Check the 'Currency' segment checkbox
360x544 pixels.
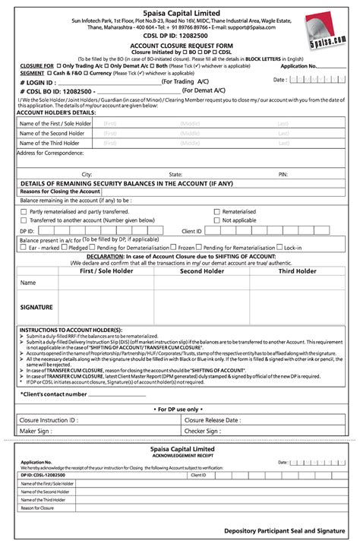coord(97,73)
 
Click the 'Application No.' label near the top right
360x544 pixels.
coord(298,66)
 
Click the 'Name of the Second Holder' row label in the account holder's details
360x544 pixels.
coord(50,133)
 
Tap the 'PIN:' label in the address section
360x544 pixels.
coord(283,174)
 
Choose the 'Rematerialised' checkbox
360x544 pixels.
coord(216,211)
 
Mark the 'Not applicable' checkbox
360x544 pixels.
coord(216,220)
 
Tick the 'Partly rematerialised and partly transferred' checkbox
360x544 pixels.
coord(24,211)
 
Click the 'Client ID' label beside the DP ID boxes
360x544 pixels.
coord(191,229)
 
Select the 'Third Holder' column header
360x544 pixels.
coord(297,271)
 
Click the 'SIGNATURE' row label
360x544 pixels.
coord(36,307)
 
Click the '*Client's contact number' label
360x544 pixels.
coord(53,394)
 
